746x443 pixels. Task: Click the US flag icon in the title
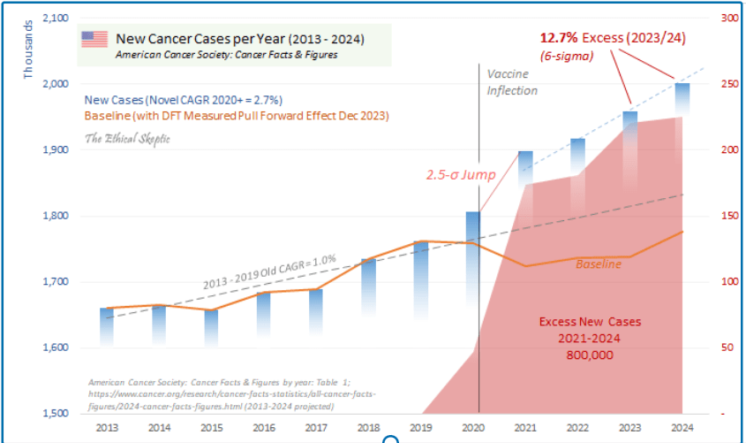[x=94, y=39]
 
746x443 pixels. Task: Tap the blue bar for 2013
[x=106, y=325]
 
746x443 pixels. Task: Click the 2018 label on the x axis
[x=368, y=427]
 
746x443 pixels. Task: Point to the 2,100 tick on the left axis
[x=56, y=18]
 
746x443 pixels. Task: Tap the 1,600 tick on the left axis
[x=56, y=348]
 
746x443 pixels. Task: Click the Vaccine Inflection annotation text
[x=512, y=82]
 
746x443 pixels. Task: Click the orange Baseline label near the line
[x=598, y=264]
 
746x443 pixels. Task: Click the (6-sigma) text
[x=566, y=56]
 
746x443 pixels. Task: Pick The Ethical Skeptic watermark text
[x=126, y=139]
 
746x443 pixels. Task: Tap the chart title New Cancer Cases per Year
[x=240, y=39]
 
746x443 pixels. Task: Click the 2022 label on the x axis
[x=576, y=427]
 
